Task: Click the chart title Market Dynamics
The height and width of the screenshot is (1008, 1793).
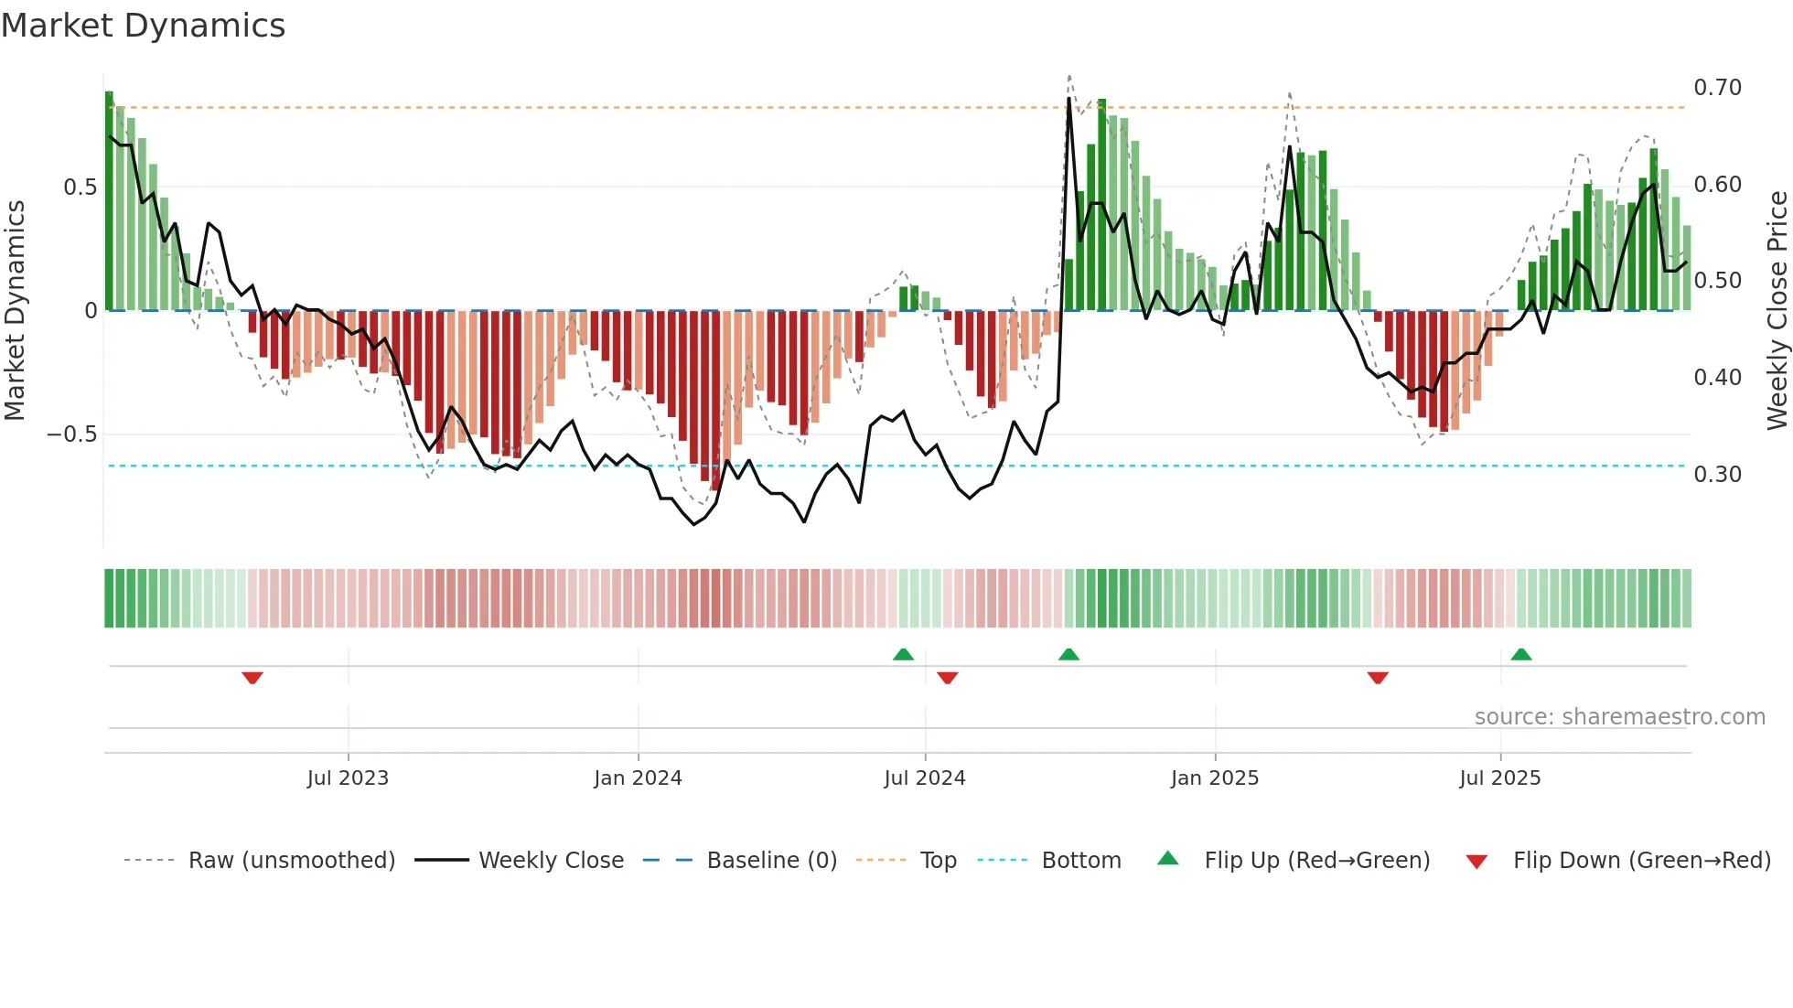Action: click(x=143, y=26)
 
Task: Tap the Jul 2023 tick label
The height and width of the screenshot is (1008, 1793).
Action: click(x=348, y=778)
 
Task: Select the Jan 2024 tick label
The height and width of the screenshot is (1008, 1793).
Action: click(x=638, y=778)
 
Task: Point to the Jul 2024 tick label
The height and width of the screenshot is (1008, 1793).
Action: click(x=924, y=778)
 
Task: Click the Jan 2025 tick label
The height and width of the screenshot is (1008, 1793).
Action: click(x=1215, y=778)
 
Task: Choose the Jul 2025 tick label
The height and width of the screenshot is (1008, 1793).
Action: click(x=1499, y=778)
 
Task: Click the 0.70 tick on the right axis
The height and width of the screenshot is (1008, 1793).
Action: click(x=1717, y=88)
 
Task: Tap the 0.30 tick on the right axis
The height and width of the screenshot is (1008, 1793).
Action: click(x=1717, y=475)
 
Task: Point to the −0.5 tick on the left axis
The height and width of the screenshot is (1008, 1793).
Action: click(x=72, y=434)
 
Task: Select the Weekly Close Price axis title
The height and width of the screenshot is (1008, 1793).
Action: click(x=1777, y=311)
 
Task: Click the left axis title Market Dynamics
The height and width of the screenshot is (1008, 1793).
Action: click(x=15, y=311)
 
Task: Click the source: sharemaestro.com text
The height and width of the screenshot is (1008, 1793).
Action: click(x=1619, y=717)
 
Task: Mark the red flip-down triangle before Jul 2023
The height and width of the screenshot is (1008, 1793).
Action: click(x=252, y=678)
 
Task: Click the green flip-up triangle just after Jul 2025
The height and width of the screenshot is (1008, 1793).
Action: click(x=1521, y=655)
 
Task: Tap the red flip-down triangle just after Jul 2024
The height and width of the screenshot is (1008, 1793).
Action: click(x=948, y=678)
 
